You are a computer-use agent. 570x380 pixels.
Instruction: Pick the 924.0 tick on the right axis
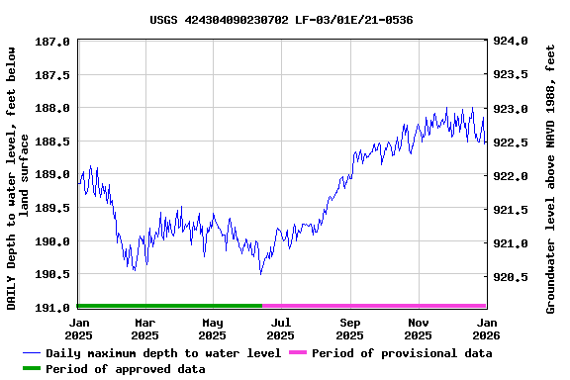click(512, 42)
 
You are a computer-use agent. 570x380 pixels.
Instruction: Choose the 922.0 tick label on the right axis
click(512, 176)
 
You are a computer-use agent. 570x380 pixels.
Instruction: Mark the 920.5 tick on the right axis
click(512, 277)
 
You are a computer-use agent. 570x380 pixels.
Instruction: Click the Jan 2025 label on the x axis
click(79, 328)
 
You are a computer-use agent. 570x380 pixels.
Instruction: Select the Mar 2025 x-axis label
click(145, 328)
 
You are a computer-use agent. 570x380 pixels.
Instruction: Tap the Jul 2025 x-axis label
click(281, 328)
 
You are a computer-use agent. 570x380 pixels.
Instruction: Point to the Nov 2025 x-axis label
click(419, 328)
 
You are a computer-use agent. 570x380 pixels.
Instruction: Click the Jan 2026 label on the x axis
click(487, 328)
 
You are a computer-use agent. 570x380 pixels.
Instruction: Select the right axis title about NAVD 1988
click(551, 176)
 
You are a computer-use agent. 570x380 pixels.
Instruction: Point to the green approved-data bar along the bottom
click(169, 306)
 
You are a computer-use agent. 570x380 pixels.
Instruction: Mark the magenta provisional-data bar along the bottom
click(374, 306)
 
